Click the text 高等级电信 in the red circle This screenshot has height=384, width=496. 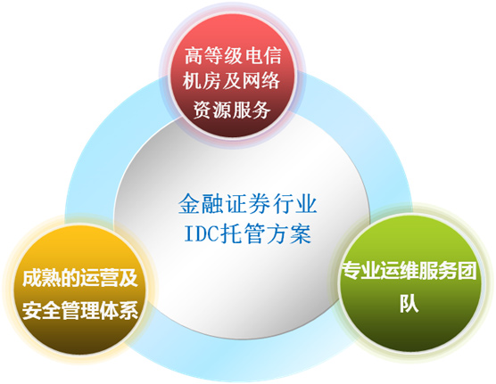233,56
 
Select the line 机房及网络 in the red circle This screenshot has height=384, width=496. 231,81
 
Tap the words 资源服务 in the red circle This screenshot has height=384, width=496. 232,110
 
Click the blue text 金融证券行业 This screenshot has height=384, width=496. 248,204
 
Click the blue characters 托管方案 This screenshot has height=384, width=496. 266,233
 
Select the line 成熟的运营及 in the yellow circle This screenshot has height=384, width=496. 80,278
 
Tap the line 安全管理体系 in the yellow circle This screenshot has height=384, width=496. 80,310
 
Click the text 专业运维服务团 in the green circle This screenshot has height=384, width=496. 409,271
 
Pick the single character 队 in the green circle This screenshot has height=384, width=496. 409,304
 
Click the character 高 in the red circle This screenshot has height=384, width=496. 194,56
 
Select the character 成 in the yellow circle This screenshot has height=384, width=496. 32,278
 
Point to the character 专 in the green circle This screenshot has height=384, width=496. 351,271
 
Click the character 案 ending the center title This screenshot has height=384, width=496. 301,233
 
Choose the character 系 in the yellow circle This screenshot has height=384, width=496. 128,310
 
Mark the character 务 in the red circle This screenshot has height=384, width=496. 261,110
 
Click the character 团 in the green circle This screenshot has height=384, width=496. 467,271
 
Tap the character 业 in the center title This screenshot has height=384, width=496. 306,204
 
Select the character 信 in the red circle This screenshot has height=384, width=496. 272,56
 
